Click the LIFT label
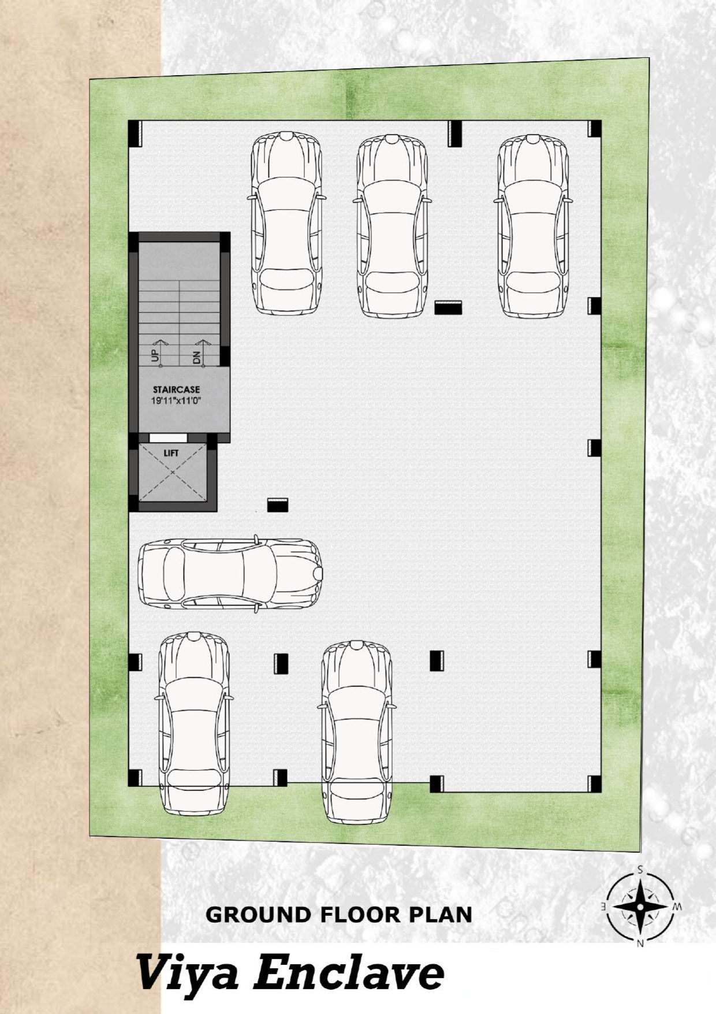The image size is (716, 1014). (x=171, y=453)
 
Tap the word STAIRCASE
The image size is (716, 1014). (x=176, y=389)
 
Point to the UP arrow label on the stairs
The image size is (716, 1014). (x=155, y=356)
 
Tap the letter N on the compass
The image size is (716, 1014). (x=640, y=944)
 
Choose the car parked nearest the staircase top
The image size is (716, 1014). (x=286, y=224)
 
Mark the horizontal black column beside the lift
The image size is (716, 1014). (x=278, y=505)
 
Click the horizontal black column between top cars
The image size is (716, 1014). (x=448, y=307)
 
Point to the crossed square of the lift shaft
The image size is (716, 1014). (x=173, y=473)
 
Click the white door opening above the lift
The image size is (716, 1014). (x=169, y=437)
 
